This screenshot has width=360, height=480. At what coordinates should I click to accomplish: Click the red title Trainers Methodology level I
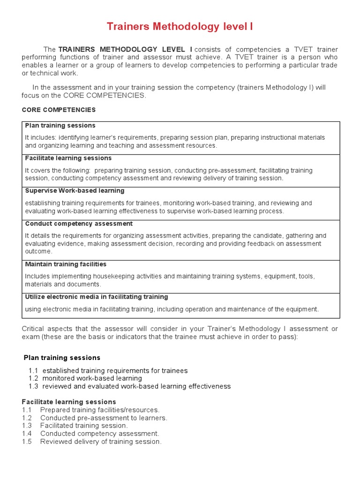click(180, 27)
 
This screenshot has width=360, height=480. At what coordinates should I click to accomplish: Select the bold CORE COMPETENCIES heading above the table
click(59, 110)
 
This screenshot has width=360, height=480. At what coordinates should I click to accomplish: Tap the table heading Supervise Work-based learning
click(75, 191)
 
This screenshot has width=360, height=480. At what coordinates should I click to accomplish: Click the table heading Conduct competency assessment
click(79, 224)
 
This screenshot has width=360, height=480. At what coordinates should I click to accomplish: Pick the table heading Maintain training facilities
click(66, 264)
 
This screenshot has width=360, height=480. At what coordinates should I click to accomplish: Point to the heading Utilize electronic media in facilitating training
click(96, 297)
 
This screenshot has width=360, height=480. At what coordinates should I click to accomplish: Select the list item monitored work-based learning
click(92, 378)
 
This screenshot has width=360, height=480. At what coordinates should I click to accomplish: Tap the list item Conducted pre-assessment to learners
click(104, 418)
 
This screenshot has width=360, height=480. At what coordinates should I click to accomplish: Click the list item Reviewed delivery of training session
click(101, 442)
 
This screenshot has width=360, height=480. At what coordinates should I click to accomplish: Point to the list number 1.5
click(27, 442)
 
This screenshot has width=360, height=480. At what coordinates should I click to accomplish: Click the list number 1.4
click(27, 434)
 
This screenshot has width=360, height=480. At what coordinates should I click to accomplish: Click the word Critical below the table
click(34, 329)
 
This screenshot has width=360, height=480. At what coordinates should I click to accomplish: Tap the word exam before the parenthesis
click(30, 337)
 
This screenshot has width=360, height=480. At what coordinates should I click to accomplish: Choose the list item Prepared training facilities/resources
click(100, 410)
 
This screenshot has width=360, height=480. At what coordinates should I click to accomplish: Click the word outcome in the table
click(38, 251)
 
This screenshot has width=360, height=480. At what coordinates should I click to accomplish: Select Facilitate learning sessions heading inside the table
click(68, 158)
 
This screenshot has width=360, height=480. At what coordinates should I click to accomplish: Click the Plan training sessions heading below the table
click(62, 358)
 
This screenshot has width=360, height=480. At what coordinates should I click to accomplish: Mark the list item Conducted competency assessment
click(100, 434)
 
